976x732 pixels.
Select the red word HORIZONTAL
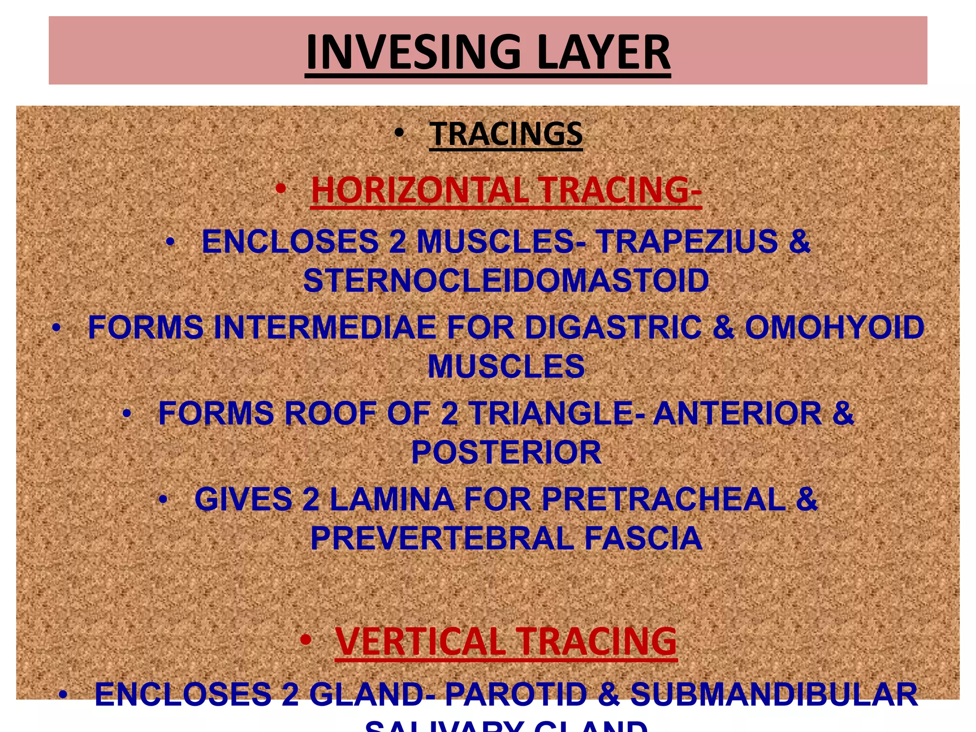pos(419,190)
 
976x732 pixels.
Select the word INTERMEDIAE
pos(325,327)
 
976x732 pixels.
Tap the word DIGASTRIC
pos(613,327)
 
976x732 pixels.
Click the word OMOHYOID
pos(834,327)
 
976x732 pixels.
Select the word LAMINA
pos(392,499)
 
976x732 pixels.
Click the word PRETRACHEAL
pos(663,499)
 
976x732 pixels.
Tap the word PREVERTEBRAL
pos(442,538)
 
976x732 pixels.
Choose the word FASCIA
pos(643,538)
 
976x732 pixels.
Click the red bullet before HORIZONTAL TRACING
pos(280,189)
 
